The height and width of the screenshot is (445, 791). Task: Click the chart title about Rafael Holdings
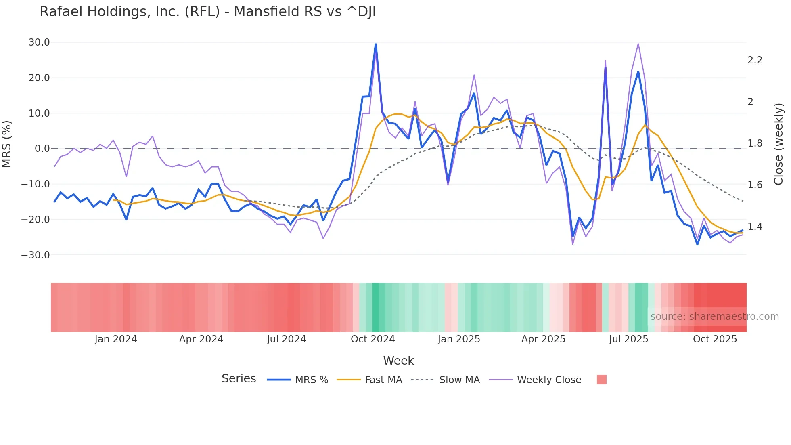207,12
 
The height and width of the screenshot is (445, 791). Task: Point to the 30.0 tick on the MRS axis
39,42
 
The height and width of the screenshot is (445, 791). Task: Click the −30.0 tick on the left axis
36,255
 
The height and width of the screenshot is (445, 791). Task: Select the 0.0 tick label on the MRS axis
42,149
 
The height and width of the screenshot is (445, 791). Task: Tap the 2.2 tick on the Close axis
755,60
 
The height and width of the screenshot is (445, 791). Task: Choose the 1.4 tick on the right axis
755,227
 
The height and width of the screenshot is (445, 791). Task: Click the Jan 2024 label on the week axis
116,339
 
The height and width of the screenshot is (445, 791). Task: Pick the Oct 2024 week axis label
372,339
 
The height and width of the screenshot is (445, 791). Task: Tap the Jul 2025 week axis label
628,339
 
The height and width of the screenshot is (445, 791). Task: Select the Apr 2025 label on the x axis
543,339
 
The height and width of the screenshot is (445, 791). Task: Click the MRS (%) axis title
7,144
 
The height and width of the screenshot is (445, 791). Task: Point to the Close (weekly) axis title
779,144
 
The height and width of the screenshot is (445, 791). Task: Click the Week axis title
398,361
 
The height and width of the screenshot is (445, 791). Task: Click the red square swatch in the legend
602,380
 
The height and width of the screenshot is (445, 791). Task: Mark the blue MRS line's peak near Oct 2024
376,44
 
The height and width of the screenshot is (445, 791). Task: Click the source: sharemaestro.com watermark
714,317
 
